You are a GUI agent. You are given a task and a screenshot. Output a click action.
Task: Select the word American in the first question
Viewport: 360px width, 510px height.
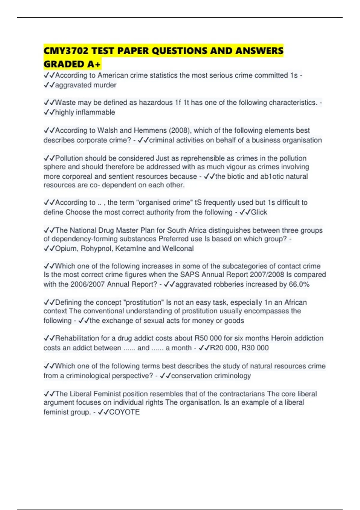(x=112, y=75)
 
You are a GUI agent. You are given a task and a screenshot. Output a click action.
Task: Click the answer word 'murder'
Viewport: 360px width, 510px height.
(x=105, y=85)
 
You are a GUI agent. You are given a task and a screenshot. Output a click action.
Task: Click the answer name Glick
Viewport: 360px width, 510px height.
(x=259, y=212)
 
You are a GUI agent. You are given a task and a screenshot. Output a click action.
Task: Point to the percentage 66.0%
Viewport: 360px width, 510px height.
(x=299, y=284)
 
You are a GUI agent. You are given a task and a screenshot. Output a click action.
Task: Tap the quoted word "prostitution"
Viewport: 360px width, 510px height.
(x=144, y=302)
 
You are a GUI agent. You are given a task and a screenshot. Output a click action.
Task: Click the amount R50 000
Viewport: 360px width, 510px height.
(x=208, y=338)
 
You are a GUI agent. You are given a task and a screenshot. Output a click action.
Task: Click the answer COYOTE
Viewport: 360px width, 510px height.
(x=124, y=412)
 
